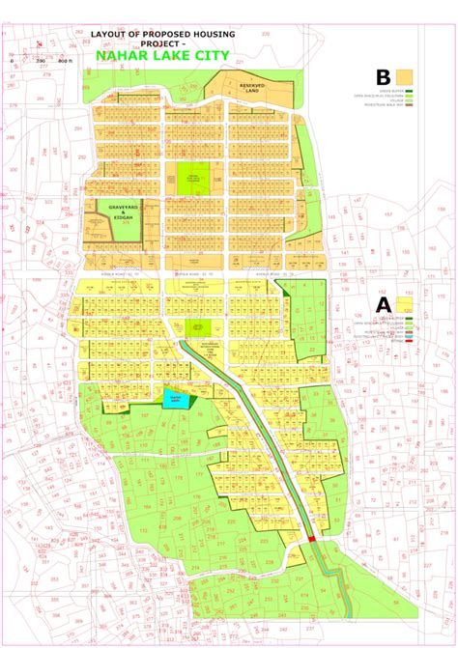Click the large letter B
pos(384,76)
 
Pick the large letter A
pos(383,302)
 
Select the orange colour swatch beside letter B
pos(403,75)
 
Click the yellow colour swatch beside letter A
pos(403,302)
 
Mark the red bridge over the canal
pos(311,539)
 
